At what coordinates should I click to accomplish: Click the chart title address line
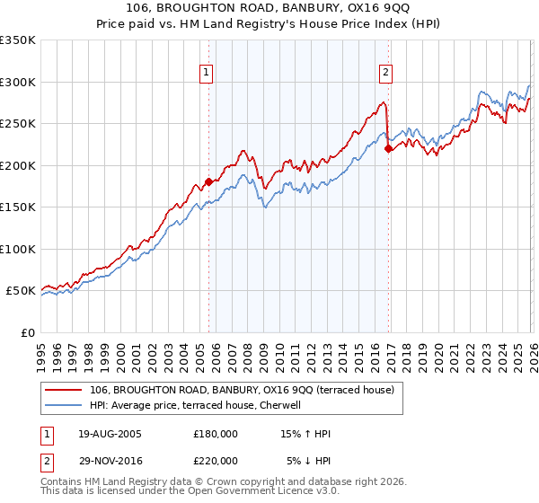269,8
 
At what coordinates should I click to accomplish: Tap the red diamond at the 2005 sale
208,182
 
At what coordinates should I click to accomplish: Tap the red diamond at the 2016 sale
388,149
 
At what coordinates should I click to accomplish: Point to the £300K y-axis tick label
18,82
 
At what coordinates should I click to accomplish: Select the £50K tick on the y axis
21,291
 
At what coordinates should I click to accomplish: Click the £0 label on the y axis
28,332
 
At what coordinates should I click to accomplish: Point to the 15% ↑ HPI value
305,434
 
